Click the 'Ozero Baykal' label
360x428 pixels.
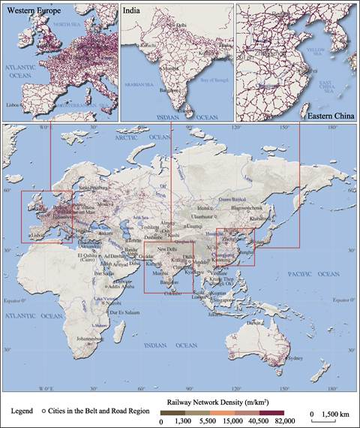tap(233, 198)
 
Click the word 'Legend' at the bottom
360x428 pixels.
tap(25, 412)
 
